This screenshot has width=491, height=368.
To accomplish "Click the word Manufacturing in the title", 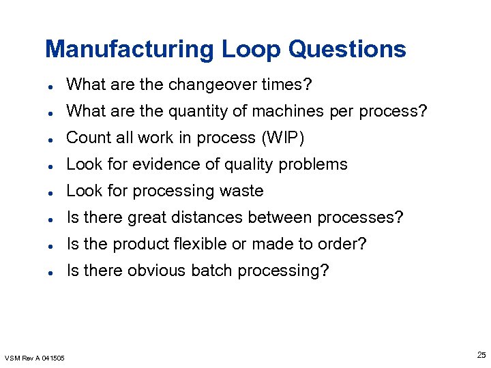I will tap(130, 49).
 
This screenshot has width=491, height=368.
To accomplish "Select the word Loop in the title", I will tap(251, 49).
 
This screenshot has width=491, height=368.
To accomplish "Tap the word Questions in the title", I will tap(347, 49).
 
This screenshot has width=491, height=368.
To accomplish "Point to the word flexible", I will tap(201, 244).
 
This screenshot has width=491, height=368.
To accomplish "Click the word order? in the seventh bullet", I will tap(344, 244).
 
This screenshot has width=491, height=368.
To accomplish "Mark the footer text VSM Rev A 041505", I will tap(35, 357).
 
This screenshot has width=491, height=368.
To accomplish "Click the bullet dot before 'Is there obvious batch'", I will tap(52, 272).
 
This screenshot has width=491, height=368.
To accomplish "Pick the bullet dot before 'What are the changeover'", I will tap(52, 86).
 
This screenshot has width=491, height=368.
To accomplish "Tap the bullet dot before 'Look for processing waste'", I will tap(52, 192).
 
